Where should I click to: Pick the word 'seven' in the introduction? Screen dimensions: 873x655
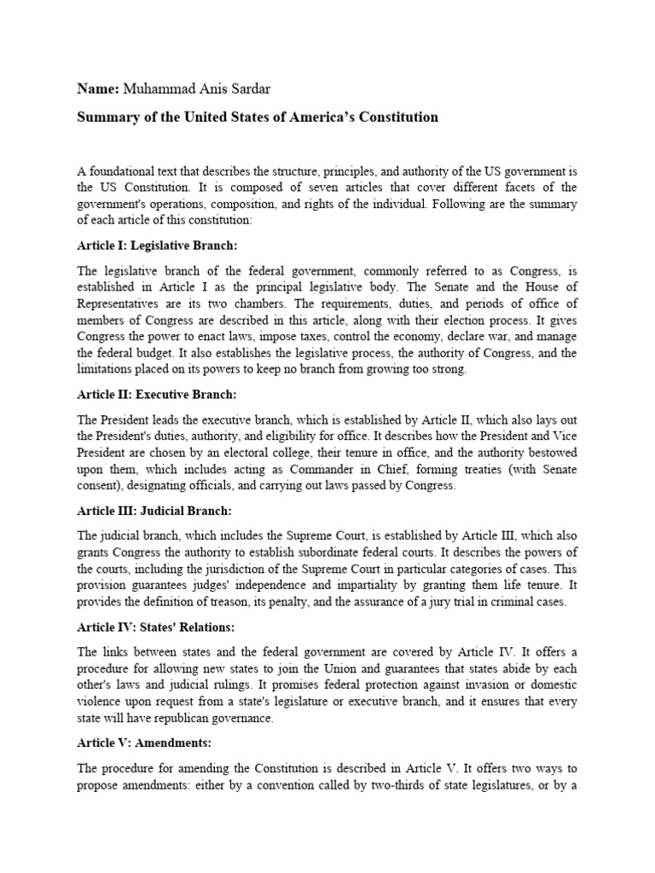(x=264, y=188)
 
